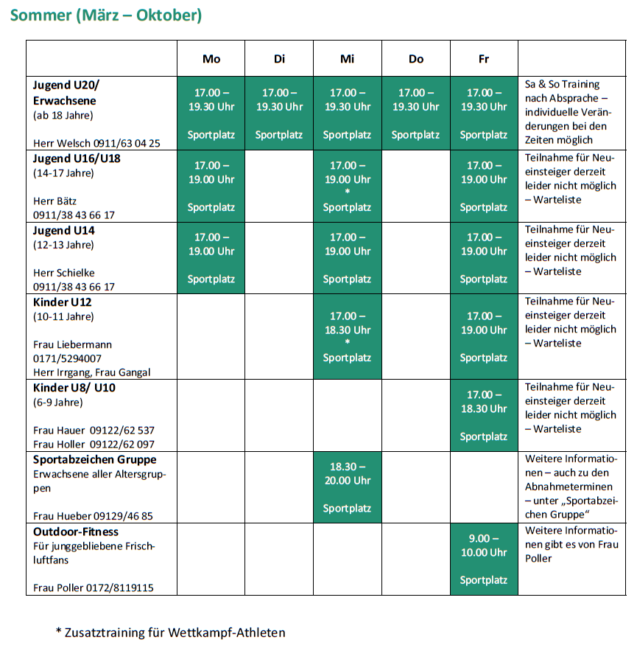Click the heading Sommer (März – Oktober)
(x=106, y=15)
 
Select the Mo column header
(x=211, y=59)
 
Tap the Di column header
(x=279, y=59)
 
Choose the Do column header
(x=416, y=59)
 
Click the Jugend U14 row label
(x=64, y=231)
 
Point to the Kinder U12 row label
(x=63, y=302)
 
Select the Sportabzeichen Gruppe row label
(x=94, y=460)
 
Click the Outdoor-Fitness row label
(x=76, y=532)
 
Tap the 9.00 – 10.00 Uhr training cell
(x=484, y=559)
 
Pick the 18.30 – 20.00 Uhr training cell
(x=347, y=487)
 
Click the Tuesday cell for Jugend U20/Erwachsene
(x=279, y=114)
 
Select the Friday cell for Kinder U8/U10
(x=484, y=415)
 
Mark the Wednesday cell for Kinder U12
(x=347, y=337)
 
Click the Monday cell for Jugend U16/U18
(x=211, y=186)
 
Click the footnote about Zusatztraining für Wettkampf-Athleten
(x=170, y=632)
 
